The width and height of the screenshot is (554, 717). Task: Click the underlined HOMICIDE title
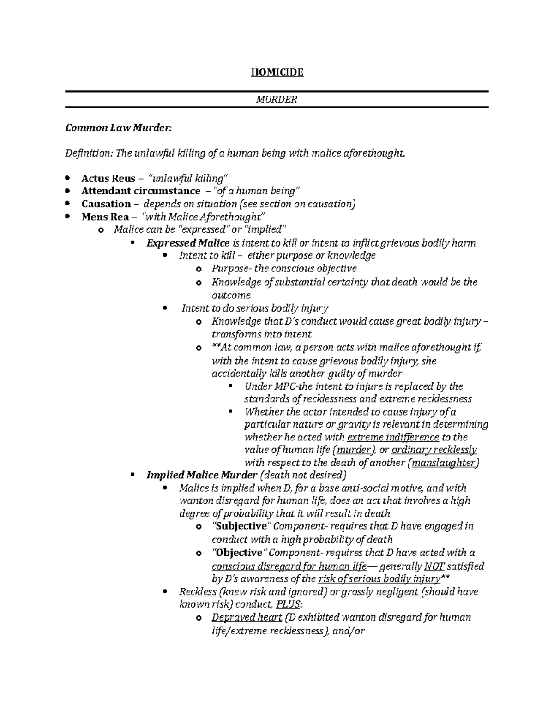(x=277, y=72)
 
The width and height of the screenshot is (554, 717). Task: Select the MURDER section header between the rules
(x=277, y=99)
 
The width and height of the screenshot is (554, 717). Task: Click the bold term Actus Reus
(x=108, y=178)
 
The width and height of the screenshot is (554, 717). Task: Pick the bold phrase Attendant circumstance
(x=141, y=191)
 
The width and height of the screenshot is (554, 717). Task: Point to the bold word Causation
(x=106, y=204)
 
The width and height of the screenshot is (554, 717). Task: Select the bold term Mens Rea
(x=105, y=217)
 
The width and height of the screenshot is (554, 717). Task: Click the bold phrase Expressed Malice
(x=187, y=243)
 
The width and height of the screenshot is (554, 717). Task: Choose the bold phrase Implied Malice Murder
(x=201, y=475)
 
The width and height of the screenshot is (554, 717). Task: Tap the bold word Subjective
(x=241, y=526)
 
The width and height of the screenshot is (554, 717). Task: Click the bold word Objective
(x=239, y=553)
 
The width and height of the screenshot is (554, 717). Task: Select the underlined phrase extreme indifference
(x=392, y=437)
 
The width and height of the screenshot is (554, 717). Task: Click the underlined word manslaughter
(x=445, y=463)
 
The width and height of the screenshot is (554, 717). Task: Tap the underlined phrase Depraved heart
(x=247, y=618)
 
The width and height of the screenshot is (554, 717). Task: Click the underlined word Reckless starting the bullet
(x=198, y=592)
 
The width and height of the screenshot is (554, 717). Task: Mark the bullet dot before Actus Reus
(x=68, y=178)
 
